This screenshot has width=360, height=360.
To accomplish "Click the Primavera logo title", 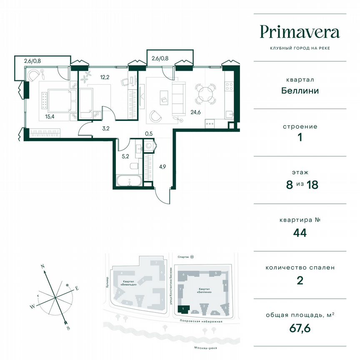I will click(x=300, y=32).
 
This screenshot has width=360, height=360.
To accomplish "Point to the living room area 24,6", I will click(x=195, y=112).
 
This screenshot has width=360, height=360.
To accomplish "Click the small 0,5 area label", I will click(x=149, y=133).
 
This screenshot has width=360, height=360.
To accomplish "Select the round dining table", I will click(x=206, y=94).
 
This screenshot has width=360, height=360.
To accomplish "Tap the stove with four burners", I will click(x=229, y=86).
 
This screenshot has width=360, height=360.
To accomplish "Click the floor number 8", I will click(x=289, y=185).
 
